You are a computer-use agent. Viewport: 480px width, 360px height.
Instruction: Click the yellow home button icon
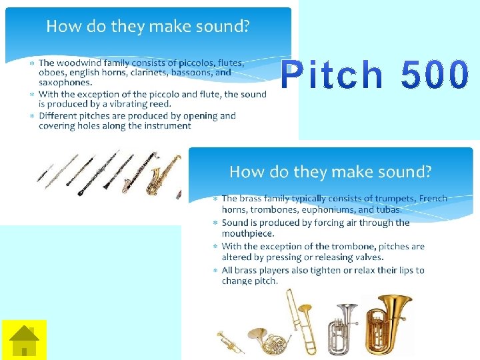[x=24, y=340]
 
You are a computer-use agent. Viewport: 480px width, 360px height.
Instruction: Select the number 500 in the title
[x=435, y=75]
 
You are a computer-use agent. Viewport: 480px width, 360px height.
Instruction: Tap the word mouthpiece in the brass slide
[x=247, y=233]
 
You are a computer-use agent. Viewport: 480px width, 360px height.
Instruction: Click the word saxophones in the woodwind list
[x=65, y=83]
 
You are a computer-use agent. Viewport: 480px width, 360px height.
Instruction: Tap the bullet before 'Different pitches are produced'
[x=32, y=116]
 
